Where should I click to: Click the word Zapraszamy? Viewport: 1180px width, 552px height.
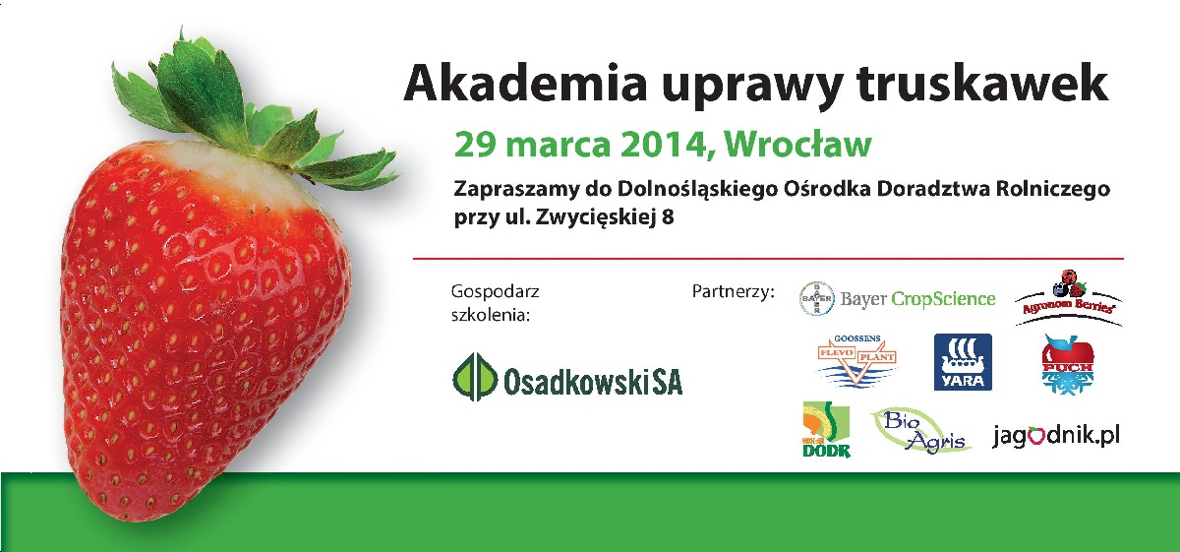coord(509,189)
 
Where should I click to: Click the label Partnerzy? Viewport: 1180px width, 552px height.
coord(734,292)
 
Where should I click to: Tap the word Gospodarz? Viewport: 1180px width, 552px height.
coord(495,291)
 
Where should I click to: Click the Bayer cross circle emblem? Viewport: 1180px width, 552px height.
coord(816,296)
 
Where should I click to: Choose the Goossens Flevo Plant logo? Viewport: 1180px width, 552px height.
coord(857,361)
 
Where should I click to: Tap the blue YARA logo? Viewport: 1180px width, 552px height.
coord(962,362)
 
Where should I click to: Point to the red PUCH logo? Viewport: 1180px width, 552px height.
coord(1067,363)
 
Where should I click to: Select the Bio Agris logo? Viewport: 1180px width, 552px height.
coord(919,431)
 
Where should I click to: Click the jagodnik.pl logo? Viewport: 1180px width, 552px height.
coord(1056,434)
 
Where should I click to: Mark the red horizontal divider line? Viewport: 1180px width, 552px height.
coord(767,259)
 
